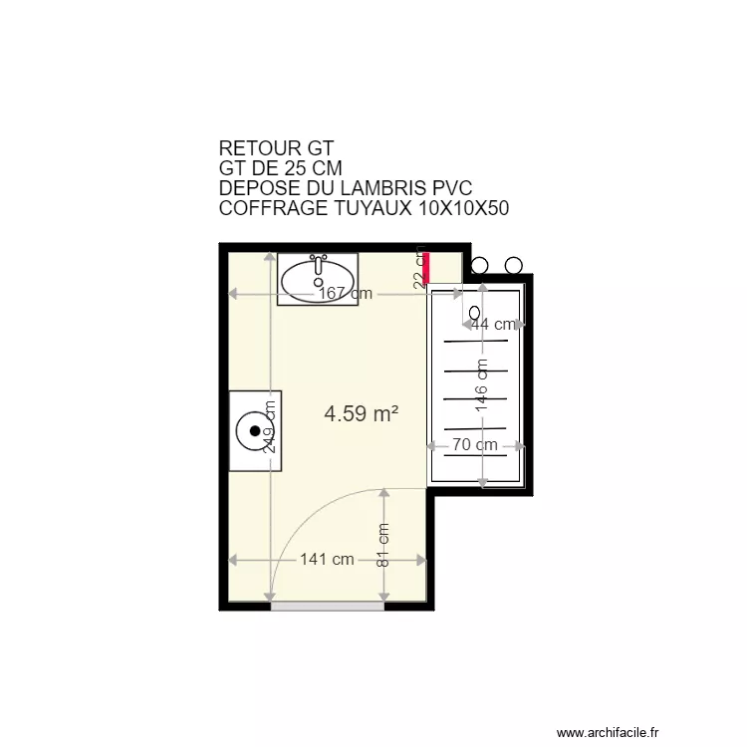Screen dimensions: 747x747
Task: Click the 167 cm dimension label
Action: (x=345, y=294)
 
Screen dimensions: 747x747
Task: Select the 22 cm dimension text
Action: (x=420, y=268)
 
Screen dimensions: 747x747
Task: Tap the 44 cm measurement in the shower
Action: (x=494, y=324)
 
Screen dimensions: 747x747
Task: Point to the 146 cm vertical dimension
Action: (x=482, y=384)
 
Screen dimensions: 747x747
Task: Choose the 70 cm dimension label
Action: (x=475, y=445)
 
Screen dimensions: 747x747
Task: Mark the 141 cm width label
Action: (x=327, y=560)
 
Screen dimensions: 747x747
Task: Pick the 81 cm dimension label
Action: (x=383, y=546)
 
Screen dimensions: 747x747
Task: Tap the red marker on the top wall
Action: (x=427, y=268)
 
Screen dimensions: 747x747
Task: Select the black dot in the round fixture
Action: (x=256, y=431)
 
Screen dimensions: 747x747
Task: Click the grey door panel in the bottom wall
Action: (x=328, y=606)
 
